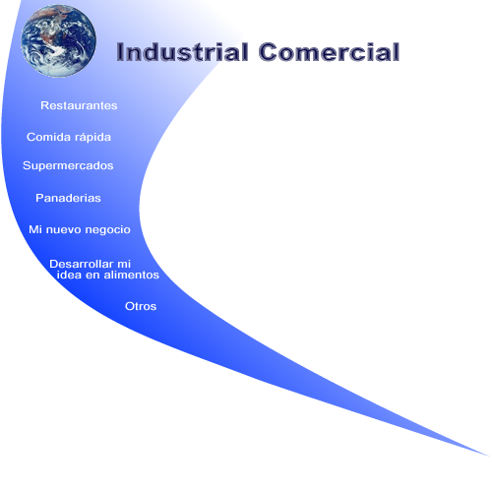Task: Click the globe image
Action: (59, 41)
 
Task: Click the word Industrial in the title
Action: (182, 52)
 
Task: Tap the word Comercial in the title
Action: (329, 52)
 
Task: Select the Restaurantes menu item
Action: (79, 105)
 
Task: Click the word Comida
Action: (47, 137)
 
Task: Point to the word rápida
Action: (91, 138)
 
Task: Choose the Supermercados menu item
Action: (68, 166)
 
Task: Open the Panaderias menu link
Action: (68, 198)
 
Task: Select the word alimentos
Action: (132, 275)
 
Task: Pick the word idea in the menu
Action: (69, 275)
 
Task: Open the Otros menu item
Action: (141, 306)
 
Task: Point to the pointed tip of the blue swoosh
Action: (489, 456)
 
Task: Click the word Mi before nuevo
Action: (35, 229)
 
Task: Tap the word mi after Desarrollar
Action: (124, 264)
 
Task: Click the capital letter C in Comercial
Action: (268, 52)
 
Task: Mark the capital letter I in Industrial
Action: (119, 52)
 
